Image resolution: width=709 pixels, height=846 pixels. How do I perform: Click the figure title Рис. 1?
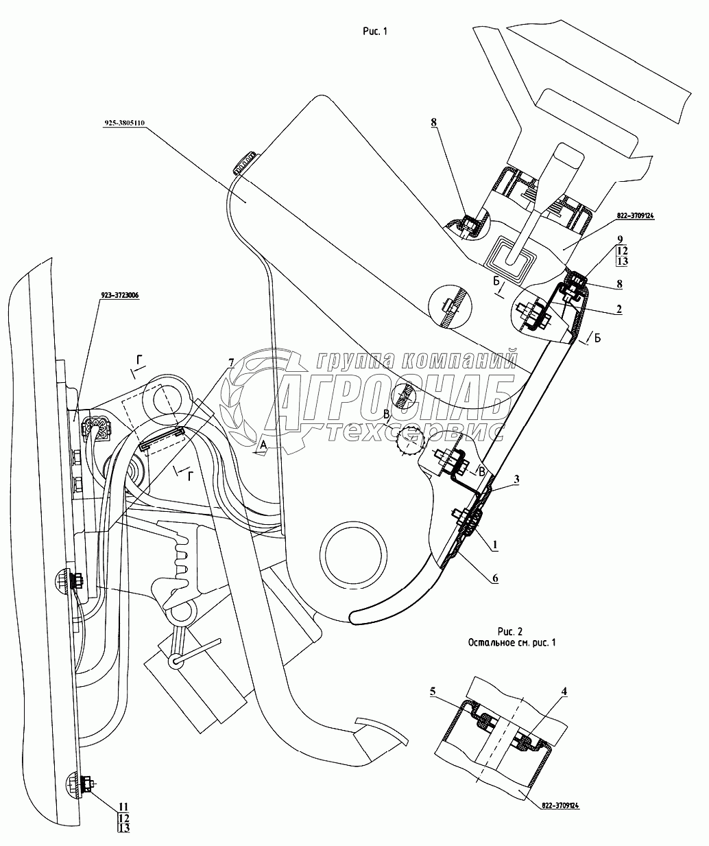pyautogui.click(x=375, y=32)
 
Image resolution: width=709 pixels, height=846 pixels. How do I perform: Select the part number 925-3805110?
pyautogui.click(x=125, y=123)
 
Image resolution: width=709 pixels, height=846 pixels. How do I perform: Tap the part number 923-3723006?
pyautogui.click(x=119, y=295)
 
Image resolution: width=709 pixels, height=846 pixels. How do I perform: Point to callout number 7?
pyautogui.click(x=231, y=363)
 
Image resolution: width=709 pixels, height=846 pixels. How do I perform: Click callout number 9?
pyautogui.click(x=620, y=239)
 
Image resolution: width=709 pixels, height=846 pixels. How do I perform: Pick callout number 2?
pyautogui.click(x=619, y=309)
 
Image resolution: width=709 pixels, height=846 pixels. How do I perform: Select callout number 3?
pyautogui.click(x=517, y=480)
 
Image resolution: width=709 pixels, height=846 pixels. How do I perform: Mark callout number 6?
pyautogui.click(x=495, y=578)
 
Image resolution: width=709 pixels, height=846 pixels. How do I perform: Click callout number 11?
pyautogui.click(x=124, y=806)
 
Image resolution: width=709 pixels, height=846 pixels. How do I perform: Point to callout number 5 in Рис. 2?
pyautogui.click(x=433, y=691)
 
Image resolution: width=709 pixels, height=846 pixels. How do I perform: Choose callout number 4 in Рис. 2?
pyautogui.click(x=564, y=691)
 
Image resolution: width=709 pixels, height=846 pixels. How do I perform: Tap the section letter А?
pyautogui.click(x=263, y=445)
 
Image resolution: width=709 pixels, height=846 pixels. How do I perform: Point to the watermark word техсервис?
pyautogui.click(x=416, y=432)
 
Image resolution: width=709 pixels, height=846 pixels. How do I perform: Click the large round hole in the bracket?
pyautogui.click(x=353, y=554)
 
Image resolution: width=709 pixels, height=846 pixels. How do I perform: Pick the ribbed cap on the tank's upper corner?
pyautogui.click(x=244, y=163)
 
